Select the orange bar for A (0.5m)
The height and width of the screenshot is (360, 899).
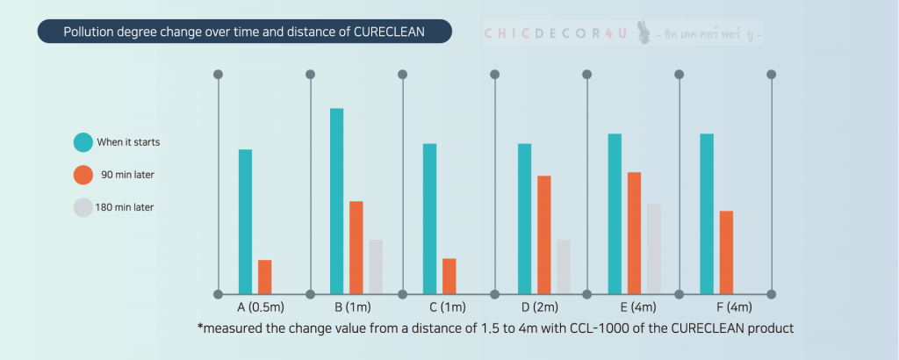[264, 277]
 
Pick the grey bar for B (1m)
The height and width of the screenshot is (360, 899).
[376, 266]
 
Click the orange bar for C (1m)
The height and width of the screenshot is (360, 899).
[449, 276]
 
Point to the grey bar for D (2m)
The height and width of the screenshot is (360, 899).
[564, 266]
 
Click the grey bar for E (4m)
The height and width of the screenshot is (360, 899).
[653, 248]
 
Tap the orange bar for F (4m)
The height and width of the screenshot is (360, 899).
[726, 252]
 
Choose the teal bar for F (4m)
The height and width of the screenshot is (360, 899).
[707, 213]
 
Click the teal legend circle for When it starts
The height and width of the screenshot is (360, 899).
[83, 142]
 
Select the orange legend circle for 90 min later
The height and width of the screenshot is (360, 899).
[83, 175]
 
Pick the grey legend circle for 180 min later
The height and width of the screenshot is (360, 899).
[83, 207]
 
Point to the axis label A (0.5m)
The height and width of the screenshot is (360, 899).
[261, 307]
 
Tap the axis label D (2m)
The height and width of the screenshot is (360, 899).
[539, 307]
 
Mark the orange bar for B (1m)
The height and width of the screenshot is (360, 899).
[356, 247]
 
